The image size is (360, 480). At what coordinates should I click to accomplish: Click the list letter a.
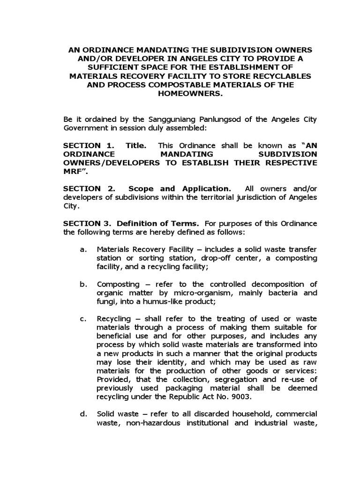coord(83,249)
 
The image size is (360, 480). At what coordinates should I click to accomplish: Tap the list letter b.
coord(83,284)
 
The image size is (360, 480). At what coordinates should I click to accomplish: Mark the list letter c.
coord(83,319)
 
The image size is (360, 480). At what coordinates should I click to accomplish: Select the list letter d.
coord(83,413)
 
